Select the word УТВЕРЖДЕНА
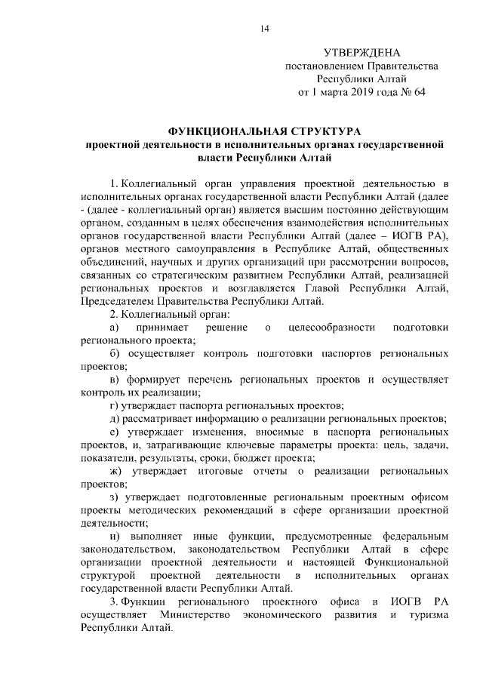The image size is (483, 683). pos(361,53)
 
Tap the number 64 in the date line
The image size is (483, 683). pos(420,92)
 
